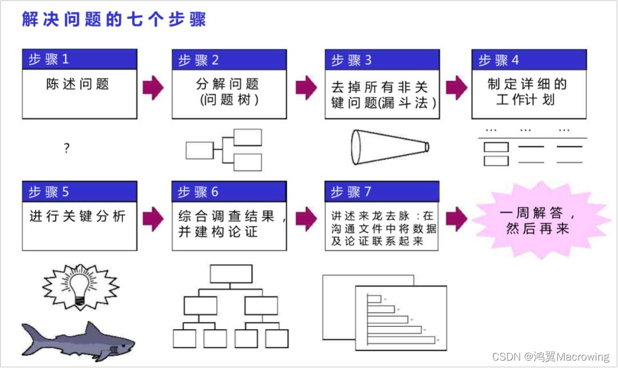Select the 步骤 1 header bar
point(80,60)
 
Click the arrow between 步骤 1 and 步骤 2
point(153,87)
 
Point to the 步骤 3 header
point(382,60)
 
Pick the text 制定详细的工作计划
point(526,92)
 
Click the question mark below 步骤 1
point(66,149)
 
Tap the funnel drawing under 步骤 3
point(389,147)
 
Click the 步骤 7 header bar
point(382,192)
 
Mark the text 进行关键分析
point(77,216)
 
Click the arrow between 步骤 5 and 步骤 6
point(153,219)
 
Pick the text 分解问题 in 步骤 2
point(227,84)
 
